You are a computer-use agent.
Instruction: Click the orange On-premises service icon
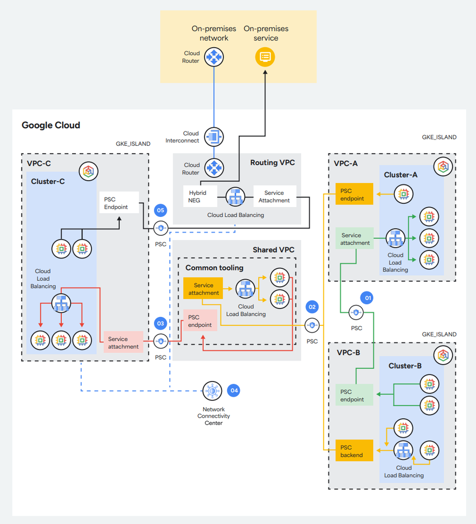click(265, 57)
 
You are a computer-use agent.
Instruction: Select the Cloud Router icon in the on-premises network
click(214, 57)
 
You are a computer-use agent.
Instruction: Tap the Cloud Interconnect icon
click(214, 137)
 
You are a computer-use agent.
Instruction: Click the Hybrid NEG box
click(198, 196)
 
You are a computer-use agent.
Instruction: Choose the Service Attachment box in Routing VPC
click(274, 196)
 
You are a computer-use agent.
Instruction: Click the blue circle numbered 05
click(161, 211)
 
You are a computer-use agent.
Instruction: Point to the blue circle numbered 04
click(234, 390)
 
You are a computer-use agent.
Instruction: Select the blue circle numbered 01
click(367, 298)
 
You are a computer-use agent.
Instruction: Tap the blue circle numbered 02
click(313, 307)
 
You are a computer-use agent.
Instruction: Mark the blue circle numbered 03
click(161, 323)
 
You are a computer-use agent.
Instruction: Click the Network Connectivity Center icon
click(212, 390)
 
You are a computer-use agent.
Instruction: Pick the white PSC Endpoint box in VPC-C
click(119, 202)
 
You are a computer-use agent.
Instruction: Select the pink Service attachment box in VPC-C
click(124, 342)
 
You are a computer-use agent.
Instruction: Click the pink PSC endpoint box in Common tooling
click(200, 321)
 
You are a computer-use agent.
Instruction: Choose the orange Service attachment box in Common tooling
click(203, 289)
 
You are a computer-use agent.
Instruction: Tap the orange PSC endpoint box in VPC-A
click(353, 194)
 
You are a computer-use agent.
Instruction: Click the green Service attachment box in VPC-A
click(355, 239)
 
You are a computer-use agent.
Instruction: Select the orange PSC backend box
click(353, 451)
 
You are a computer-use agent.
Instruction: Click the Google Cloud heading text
click(51, 125)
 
